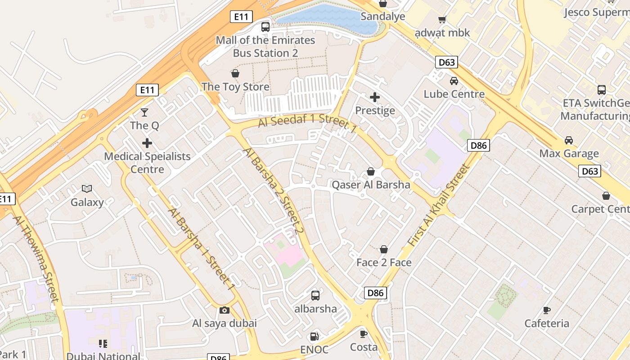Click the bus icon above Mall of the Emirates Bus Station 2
point(265,27)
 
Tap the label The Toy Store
point(235,87)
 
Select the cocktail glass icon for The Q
point(144,112)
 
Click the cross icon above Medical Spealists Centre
point(147,143)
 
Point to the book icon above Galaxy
point(87,189)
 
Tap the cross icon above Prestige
point(375,97)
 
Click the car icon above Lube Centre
point(454,81)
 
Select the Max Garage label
point(569,153)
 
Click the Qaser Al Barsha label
point(371,184)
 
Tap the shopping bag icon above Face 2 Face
point(384,249)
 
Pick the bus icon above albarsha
point(315,296)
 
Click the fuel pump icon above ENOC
point(315,336)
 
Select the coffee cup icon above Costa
point(364,334)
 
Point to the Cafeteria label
point(546,323)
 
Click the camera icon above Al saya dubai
point(225,310)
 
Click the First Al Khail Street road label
point(438,206)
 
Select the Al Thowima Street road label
point(36,258)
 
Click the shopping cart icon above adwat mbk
point(442,20)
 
